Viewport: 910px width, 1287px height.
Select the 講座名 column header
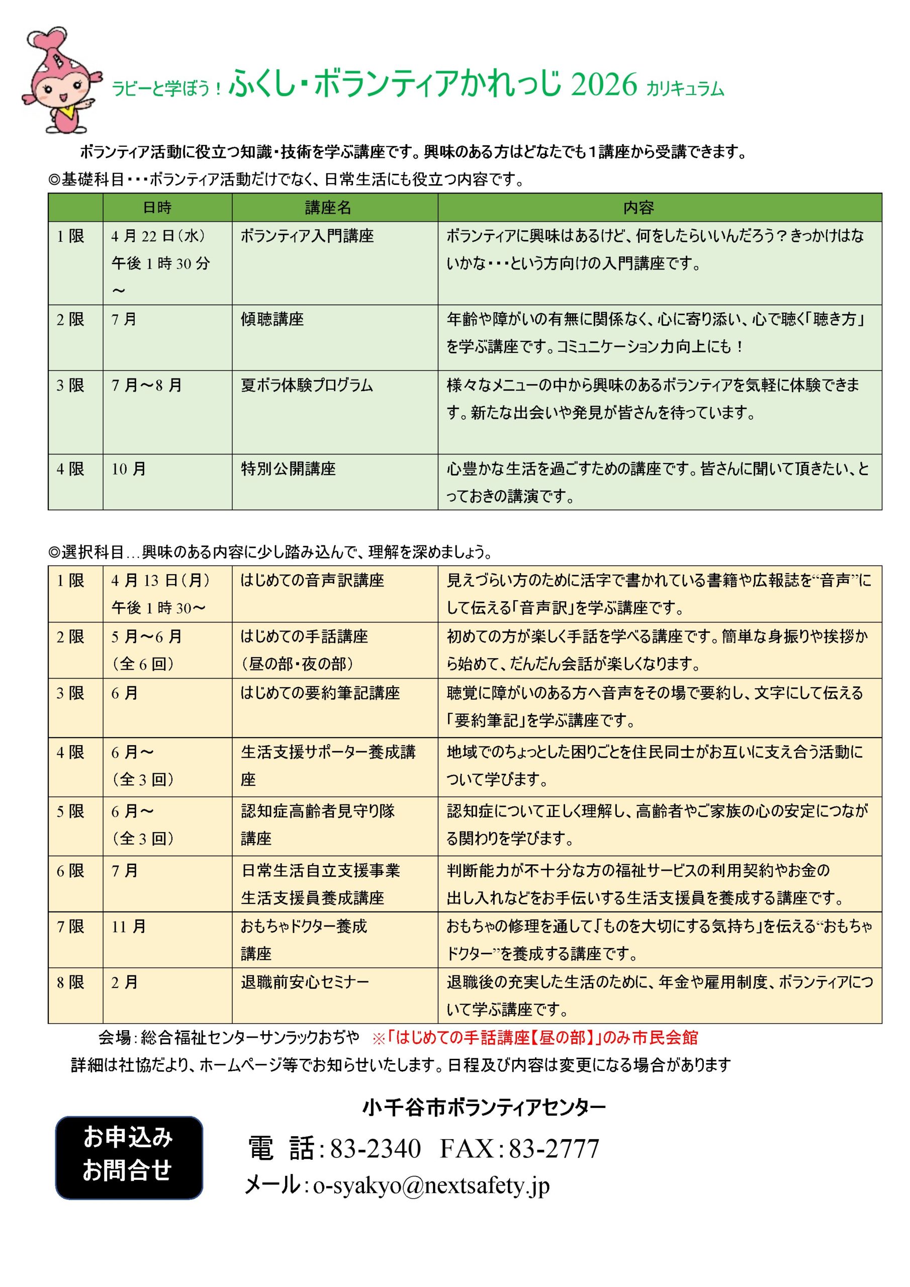pos(328,208)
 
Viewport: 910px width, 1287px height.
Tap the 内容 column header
pos(639,208)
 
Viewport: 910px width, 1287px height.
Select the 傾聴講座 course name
pos(272,320)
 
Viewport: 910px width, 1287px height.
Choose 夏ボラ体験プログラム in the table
pos(307,386)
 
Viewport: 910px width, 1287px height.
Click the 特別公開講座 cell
pos(288,469)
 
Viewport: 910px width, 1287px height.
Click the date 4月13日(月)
pos(160,581)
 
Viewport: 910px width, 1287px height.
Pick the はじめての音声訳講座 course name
pos(312,581)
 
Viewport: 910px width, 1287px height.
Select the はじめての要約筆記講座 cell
pos(320,693)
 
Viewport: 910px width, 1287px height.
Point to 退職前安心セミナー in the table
pos(305,983)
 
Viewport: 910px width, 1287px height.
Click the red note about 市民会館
pos(535,1038)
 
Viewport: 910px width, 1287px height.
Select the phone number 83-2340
pos(375,1149)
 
